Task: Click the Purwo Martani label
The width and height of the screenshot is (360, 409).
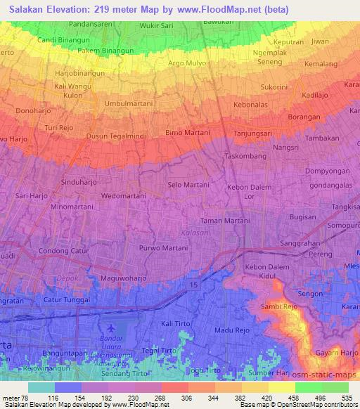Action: click(x=164, y=247)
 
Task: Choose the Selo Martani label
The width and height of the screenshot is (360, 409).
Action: click(x=188, y=184)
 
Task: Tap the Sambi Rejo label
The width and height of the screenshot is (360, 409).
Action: click(x=280, y=307)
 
